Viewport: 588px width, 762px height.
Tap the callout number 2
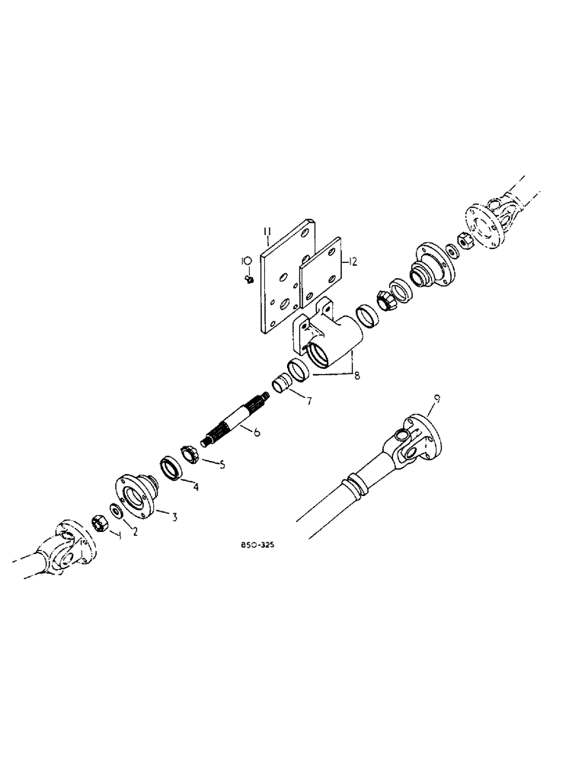[x=135, y=532]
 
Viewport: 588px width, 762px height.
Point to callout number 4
[x=196, y=487]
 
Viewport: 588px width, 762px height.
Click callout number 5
[x=222, y=464]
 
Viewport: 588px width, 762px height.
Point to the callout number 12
[x=353, y=261]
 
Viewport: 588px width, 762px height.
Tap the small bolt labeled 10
[x=250, y=280]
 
